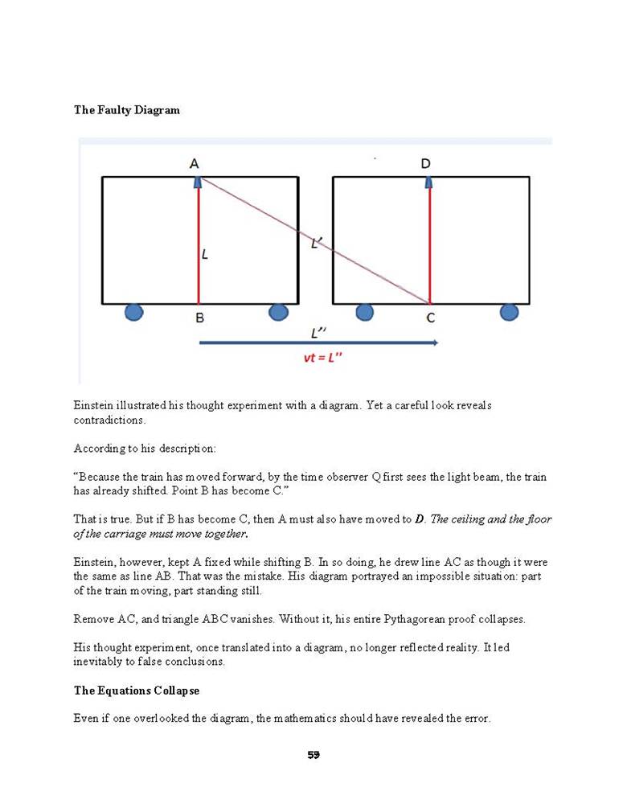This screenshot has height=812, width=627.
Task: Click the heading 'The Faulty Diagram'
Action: (x=127, y=110)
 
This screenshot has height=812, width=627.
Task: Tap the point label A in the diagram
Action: (x=195, y=164)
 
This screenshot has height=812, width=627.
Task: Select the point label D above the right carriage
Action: (x=425, y=164)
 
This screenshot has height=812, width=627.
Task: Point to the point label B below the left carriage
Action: (x=199, y=318)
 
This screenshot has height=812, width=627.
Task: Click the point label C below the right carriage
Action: (x=431, y=318)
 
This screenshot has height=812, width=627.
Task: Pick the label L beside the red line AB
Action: (x=205, y=254)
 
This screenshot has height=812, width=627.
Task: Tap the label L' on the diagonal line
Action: (x=317, y=241)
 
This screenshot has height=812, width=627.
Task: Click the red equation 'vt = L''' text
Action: (x=322, y=358)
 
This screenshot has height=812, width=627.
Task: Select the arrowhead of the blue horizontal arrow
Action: (x=435, y=342)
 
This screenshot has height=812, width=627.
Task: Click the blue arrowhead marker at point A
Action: (x=199, y=183)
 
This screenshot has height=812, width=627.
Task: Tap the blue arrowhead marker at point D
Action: (x=429, y=183)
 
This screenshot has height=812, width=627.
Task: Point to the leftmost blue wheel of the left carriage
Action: (x=134, y=311)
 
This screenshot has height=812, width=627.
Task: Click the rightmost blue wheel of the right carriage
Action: (x=509, y=311)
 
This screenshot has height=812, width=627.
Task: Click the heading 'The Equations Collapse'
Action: (x=137, y=691)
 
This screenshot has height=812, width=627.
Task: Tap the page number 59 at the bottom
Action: (x=313, y=755)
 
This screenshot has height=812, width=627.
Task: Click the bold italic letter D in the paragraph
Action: (x=419, y=519)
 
